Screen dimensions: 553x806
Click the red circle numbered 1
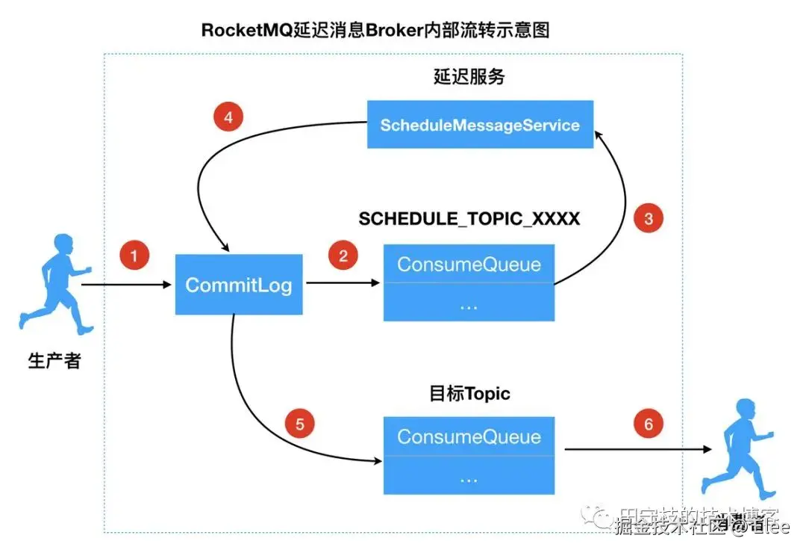point(134,256)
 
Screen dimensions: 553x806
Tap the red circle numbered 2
point(343,256)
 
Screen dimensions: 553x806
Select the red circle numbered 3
point(648,218)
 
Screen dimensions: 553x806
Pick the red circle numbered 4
point(228,117)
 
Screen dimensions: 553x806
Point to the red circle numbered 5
point(300,424)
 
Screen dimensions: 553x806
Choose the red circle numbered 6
point(648,424)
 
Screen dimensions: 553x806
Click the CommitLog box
point(239,285)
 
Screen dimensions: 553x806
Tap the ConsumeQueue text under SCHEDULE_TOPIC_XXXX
point(469,264)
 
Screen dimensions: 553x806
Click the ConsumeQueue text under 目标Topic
point(469,436)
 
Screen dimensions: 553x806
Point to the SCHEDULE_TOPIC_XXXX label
point(469,219)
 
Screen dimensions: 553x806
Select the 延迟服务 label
point(469,77)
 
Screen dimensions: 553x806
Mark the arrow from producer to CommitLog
point(127,285)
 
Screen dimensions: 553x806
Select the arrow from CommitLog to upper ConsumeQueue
point(343,283)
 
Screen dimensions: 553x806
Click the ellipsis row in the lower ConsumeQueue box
point(469,478)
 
